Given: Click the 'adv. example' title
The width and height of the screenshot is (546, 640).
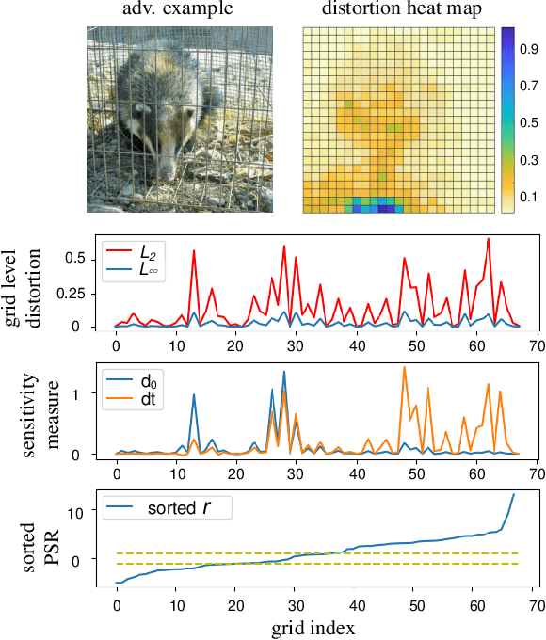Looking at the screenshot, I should tap(180, 10).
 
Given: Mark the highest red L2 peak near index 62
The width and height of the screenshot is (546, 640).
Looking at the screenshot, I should tap(488, 239).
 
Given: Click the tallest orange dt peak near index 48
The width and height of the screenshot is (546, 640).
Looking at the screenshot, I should tap(404, 368).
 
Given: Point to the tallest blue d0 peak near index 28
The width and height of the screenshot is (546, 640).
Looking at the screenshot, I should tap(284, 372).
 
